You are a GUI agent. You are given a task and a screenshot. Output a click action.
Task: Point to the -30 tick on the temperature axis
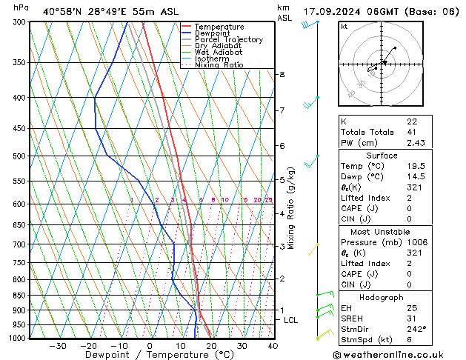57,345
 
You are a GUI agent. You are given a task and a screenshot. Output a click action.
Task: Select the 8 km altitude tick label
282,75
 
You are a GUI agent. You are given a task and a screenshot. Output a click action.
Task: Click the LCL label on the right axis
291,320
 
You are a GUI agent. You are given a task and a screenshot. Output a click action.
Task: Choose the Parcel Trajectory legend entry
228,40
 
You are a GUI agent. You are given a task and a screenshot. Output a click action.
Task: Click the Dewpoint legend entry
213,33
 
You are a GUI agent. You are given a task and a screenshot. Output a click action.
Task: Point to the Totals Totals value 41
411,132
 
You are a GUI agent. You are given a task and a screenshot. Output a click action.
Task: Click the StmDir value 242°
415,329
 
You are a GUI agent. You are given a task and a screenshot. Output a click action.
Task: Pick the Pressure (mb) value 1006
415,242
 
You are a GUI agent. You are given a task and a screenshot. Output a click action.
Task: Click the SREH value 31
411,319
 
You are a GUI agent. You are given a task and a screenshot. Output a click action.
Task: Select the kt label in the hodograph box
344,26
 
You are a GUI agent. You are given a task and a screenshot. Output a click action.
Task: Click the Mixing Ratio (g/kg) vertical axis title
292,208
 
